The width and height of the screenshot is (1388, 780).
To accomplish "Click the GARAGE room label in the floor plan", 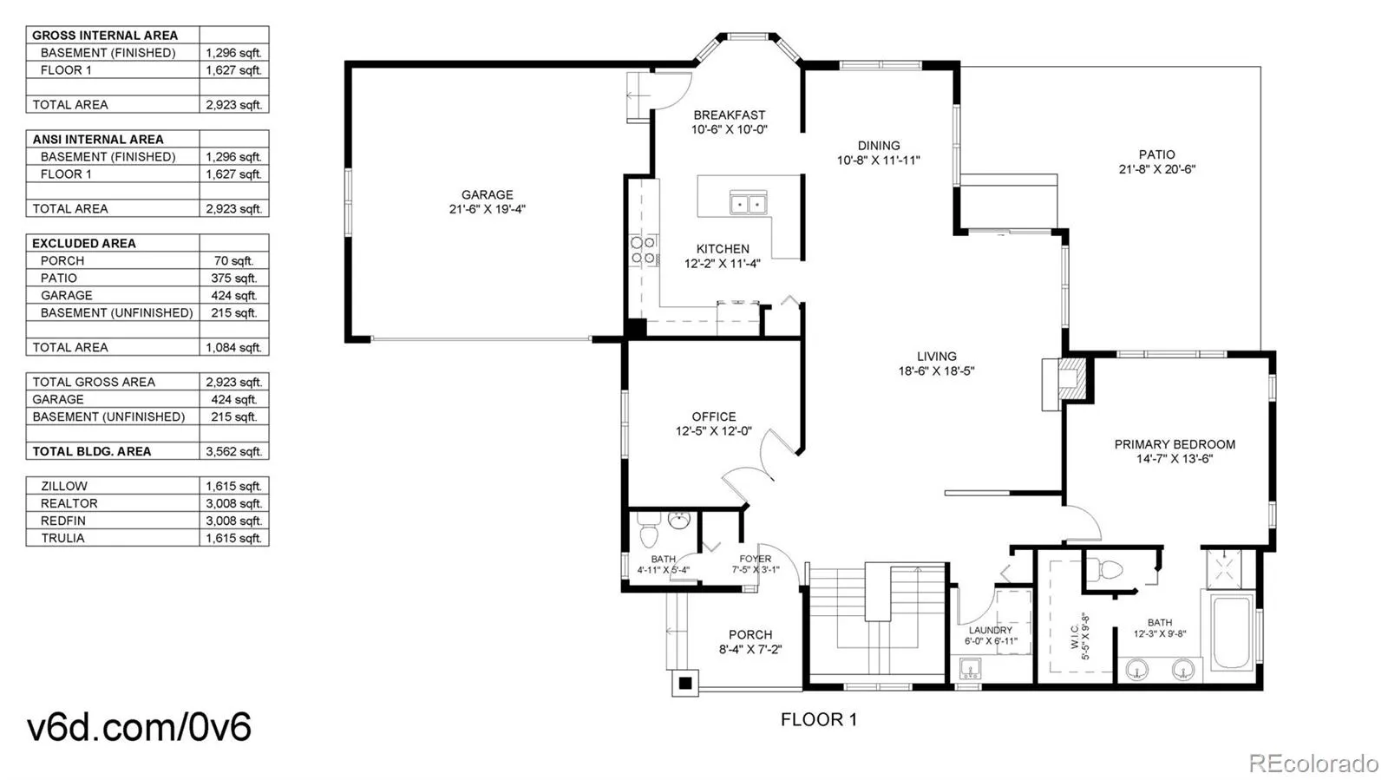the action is tap(487, 194).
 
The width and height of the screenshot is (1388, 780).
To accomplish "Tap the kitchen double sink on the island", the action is tap(748, 202).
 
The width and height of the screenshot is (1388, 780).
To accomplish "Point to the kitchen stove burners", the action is tap(643, 250).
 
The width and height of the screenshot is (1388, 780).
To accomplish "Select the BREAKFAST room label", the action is tap(730, 115).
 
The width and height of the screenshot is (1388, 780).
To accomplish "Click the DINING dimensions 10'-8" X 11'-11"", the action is tap(879, 161).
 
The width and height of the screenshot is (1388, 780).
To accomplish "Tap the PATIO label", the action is tap(1157, 154).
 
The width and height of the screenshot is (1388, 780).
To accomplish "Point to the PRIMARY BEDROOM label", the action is tap(1175, 444).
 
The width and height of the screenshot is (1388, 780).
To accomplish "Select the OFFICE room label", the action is tap(714, 417).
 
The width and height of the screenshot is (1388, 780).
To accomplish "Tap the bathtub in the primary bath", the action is tap(1232, 632).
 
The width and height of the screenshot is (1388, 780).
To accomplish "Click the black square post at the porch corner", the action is tap(684, 684).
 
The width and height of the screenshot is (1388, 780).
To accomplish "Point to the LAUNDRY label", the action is tap(990, 630).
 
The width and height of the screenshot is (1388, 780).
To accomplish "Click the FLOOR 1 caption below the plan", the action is tap(819, 720).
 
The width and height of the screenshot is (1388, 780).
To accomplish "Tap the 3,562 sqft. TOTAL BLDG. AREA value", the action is tap(233, 452).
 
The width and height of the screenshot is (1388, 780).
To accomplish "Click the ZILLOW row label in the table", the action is tap(64, 487).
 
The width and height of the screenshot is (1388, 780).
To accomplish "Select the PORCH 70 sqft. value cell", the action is tap(233, 261).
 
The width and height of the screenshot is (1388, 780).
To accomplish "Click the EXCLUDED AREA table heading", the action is tap(83, 244).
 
